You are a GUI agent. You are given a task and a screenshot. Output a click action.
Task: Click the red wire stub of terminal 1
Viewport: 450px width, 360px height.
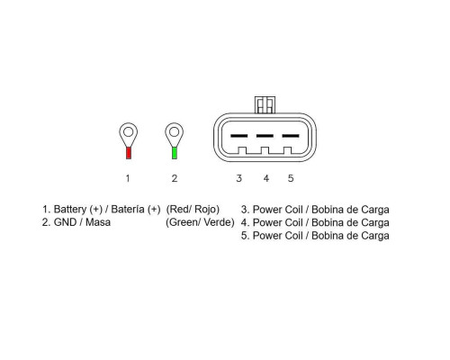(x=129, y=153)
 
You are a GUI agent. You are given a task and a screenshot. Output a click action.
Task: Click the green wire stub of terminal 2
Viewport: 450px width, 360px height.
(x=175, y=153)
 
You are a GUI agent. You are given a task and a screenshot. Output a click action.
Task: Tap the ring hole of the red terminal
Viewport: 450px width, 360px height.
(x=129, y=132)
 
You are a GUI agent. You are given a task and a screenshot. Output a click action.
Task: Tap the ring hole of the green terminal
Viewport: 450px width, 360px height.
(x=175, y=132)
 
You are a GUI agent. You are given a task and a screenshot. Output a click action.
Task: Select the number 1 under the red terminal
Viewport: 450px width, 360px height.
(x=128, y=178)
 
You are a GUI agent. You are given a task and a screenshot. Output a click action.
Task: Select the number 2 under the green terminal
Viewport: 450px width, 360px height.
(x=175, y=178)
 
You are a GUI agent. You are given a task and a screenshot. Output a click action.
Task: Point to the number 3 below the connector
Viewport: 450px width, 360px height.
(x=238, y=178)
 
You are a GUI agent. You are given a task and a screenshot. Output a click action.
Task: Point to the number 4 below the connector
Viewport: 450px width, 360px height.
(x=266, y=178)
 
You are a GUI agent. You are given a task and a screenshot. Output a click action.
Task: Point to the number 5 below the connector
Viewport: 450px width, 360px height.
(x=291, y=178)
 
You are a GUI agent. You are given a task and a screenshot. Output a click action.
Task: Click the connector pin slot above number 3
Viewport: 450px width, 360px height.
(x=239, y=136)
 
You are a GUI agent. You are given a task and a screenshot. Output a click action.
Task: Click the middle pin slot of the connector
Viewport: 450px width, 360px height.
(x=265, y=136)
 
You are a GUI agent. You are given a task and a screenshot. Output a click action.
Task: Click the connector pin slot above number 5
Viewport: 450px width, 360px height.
(x=291, y=136)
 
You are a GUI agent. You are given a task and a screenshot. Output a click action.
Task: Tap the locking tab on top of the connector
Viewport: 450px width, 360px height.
(x=265, y=104)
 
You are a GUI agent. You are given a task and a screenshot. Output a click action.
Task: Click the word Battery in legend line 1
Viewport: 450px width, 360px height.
(x=70, y=210)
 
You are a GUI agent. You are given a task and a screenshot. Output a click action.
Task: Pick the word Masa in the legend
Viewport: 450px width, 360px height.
(x=98, y=222)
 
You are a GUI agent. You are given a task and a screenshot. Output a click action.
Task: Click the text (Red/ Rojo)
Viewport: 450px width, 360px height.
(x=193, y=210)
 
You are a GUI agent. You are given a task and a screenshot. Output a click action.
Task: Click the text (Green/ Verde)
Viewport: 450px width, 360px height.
(x=200, y=222)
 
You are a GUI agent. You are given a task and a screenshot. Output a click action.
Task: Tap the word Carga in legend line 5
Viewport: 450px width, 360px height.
(x=375, y=236)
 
